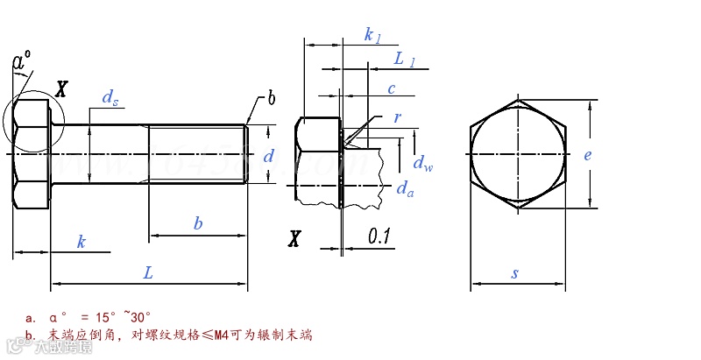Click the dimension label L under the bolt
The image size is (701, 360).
point(148,272)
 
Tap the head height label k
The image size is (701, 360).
point(81,241)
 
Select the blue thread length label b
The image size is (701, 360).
point(198,223)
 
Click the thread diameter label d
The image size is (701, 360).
point(269,156)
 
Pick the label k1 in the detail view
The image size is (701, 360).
point(372,35)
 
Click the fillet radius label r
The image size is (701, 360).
point(397,116)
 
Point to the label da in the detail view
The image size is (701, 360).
point(404,188)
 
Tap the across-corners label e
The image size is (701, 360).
point(588,155)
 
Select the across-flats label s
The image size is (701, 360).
point(515,273)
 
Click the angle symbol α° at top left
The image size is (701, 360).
point(22,60)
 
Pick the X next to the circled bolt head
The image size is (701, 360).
point(61,88)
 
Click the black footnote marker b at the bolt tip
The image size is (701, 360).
point(271,99)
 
